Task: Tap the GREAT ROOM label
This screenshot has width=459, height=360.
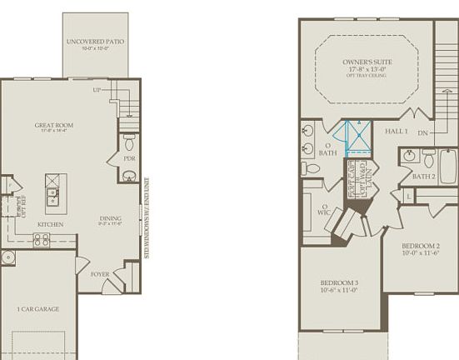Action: click(49, 126)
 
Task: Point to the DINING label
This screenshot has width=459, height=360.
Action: click(110, 218)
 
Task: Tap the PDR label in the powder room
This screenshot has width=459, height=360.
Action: click(128, 158)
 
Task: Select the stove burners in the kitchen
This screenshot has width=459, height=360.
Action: click(41, 239)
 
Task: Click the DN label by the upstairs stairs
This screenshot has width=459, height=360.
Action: click(424, 132)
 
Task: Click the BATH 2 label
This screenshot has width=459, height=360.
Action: click(423, 177)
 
